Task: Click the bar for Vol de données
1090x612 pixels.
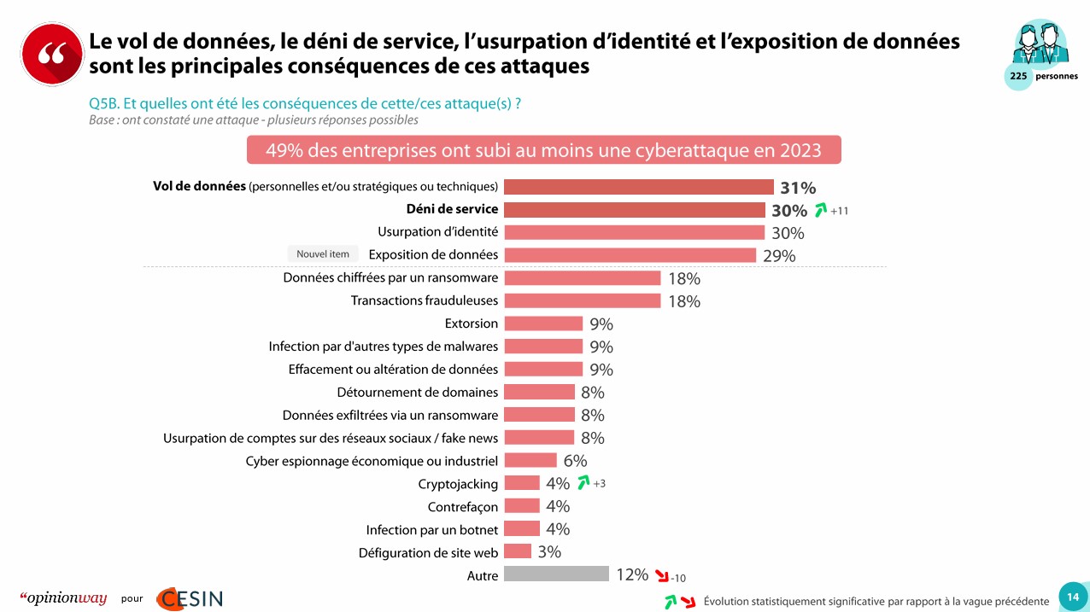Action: coord(638,187)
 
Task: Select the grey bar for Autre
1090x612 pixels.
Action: coord(556,574)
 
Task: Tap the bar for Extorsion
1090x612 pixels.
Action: coord(543,323)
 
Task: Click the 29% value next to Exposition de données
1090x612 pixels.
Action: coord(779,256)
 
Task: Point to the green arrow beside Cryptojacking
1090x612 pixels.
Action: coord(583,483)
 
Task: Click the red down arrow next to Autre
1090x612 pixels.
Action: coord(660,575)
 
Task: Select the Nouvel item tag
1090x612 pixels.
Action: coord(322,254)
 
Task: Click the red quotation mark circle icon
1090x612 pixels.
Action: coord(52,54)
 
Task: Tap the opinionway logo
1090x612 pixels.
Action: coord(63,598)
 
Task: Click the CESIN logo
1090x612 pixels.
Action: coord(189,598)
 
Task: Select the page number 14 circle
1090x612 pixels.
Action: coord(1073,597)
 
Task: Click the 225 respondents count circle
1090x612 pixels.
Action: coord(1018,76)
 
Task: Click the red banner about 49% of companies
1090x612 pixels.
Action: coord(543,150)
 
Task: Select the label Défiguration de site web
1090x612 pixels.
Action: coord(428,553)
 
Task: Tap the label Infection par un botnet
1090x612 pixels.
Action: coord(431,530)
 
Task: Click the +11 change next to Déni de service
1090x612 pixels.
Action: coord(839,211)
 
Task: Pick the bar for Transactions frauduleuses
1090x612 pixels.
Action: coord(582,300)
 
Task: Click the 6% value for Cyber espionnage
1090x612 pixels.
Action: coord(575,461)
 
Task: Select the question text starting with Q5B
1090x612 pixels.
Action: coord(305,103)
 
